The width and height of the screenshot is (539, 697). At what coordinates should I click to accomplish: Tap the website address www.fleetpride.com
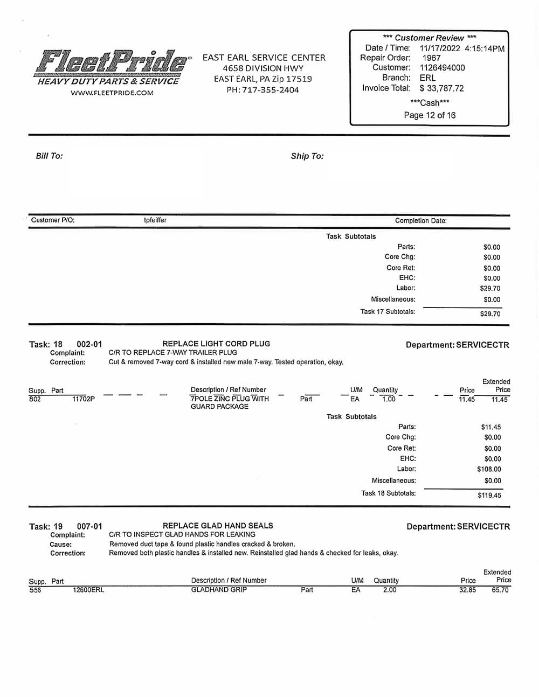click(x=112, y=93)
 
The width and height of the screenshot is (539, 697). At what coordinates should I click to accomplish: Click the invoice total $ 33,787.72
click(x=441, y=88)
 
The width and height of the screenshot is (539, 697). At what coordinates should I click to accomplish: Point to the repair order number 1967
click(x=431, y=58)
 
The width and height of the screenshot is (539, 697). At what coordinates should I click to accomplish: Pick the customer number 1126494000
click(x=442, y=68)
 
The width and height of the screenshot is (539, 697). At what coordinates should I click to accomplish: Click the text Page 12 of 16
click(x=430, y=115)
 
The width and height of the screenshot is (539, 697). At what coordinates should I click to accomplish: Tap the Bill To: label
click(x=49, y=156)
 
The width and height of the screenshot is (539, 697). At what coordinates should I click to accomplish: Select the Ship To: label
click(x=307, y=156)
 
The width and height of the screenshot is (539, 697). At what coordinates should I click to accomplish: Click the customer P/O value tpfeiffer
click(x=155, y=220)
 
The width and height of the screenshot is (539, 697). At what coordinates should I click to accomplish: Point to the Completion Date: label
click(x=420, y=221)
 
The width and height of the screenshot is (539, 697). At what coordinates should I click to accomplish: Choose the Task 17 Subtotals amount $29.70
click(x=490, y=313)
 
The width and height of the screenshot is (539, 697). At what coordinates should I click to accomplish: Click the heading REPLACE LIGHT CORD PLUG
click(x=216, y=344)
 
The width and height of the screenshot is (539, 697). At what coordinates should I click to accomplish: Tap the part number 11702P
click(x=84, y=399)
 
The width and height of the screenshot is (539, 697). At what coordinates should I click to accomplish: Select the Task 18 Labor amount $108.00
click(x=489, y=469)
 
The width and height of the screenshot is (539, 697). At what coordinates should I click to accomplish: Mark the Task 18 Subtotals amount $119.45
click(x=489, y=495)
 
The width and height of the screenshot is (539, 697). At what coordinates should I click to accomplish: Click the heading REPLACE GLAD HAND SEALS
click(x=218, y=526)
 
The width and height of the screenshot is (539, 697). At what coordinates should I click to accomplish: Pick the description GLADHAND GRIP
click(x=219, y=590)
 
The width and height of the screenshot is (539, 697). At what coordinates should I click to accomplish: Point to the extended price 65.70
click(x=500, y=590)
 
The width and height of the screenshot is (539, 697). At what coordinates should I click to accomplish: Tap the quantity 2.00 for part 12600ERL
click(x=389, y=590)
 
